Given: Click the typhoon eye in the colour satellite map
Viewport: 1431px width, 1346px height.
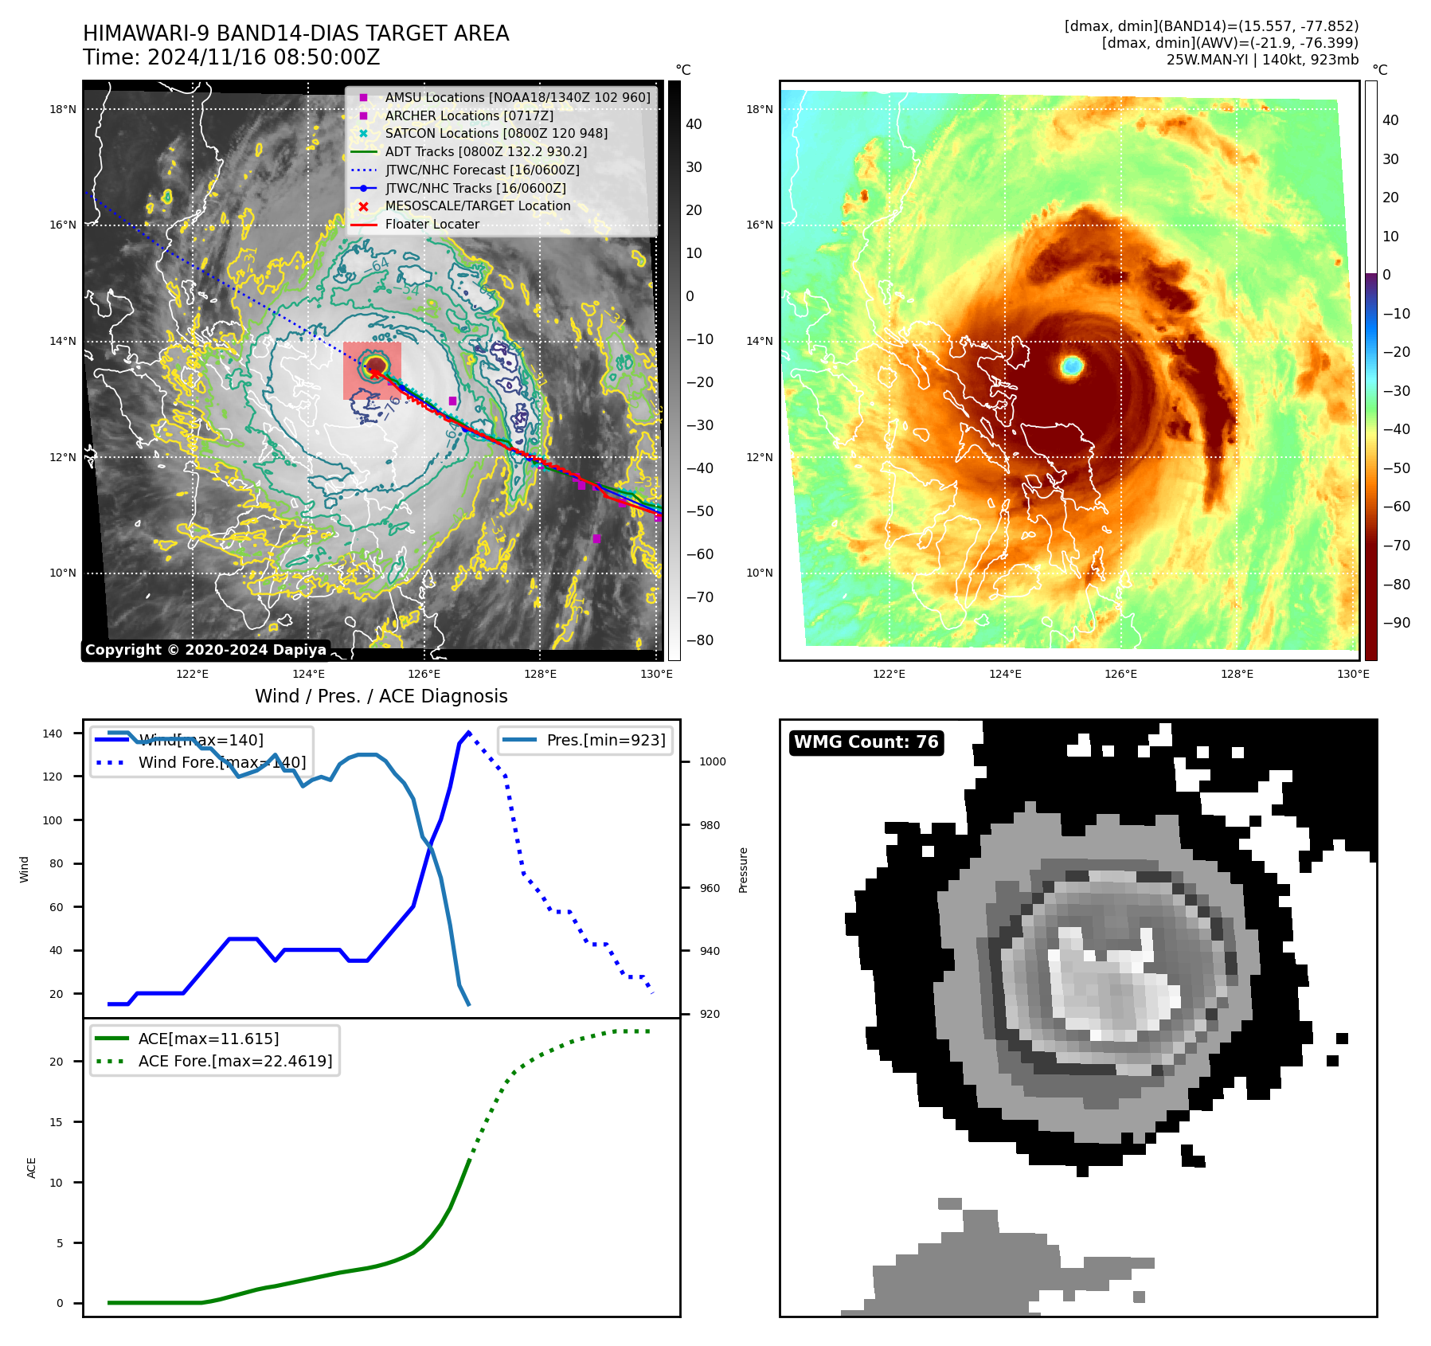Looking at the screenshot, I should [x=1072, y=366].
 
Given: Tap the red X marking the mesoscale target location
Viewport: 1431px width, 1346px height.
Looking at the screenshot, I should [x=375, y=374].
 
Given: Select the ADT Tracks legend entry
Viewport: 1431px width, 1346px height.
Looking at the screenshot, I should [x=486, y=151].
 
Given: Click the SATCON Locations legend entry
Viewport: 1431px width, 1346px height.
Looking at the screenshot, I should [x=496, y=133].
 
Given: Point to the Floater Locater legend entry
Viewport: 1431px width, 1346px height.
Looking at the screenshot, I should [x=432, y=225].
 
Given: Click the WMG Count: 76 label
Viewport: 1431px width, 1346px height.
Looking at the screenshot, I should [x=866, y=742].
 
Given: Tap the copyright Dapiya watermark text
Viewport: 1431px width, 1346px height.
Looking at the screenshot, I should [x=205, y=650].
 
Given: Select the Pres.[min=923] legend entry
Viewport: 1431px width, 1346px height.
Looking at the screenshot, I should [x=605, y=740].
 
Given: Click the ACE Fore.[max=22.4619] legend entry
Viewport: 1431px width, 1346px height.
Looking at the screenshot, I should [x=235, y=1061].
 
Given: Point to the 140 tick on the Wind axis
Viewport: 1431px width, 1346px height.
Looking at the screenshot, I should [x=53, y=734].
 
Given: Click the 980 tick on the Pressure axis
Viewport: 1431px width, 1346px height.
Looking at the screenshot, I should [x=710, y=825].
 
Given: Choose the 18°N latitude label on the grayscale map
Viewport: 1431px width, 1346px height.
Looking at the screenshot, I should [x=63, y=109].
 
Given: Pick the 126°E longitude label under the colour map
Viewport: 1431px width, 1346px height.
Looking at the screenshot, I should [x=1120, y=674].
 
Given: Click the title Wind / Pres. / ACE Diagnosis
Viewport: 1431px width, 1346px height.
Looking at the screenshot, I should [x=381, y=696].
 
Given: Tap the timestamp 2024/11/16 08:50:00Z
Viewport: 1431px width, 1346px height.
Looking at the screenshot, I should [x=264, y=58].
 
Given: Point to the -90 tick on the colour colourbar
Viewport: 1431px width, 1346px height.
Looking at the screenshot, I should [x=1396, y=623].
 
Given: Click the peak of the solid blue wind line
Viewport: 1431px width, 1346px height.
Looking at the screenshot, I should [x=468, y=732].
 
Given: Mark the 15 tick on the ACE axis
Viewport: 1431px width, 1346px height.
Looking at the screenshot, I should [x=56, y=1122].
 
